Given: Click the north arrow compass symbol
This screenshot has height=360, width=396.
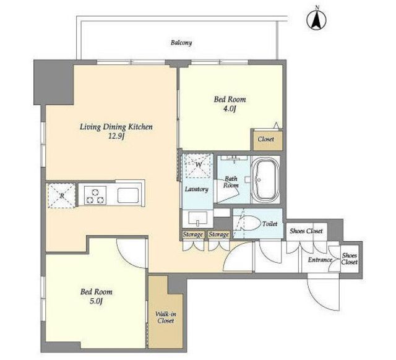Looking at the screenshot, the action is click(x=316, y=19).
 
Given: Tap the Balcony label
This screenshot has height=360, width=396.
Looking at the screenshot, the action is click(x=181, y=43).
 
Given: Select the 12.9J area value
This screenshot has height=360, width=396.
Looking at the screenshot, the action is click(x=116, y=137).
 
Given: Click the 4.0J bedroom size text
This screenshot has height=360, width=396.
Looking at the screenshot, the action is click(x=230, y=109).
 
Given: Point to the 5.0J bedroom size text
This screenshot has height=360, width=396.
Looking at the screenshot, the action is click(x=97, y=301).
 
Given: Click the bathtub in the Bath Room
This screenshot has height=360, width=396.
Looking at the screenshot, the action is click(x=265, y=180).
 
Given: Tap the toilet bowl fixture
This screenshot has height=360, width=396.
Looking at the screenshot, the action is click(x=251, y=223).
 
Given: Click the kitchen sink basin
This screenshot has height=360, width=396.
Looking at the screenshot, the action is click(x=128, y=195).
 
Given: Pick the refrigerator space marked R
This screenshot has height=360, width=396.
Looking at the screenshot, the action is click(x=62, y=195).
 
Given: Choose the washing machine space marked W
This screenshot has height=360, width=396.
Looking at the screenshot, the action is click(x=199, y=165).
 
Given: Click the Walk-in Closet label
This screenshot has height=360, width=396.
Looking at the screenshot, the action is click(x=166, y=317).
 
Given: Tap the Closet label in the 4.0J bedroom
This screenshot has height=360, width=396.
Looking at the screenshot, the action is click(x=266, y=139).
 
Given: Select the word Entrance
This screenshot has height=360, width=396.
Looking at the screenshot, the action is click(x=320, y=260).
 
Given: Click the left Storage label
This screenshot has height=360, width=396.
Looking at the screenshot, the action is click(x=193, y=235).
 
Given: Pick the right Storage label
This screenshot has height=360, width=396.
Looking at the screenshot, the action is click(x=218, y=235).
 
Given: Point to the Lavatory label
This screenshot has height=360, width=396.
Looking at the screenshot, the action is click(x=197, y=189).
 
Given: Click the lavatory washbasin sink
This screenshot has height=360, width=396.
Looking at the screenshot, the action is click(x=198, y=218).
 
